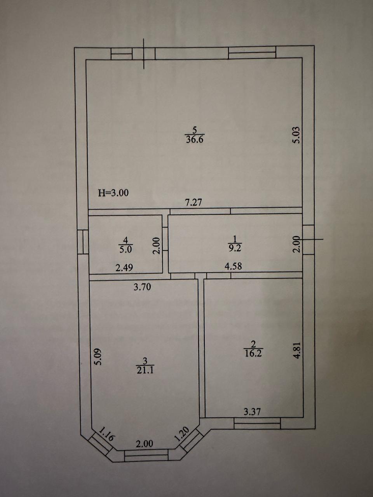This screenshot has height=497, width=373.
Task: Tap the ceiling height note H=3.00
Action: click(113, 193)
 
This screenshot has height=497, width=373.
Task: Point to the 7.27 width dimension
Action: click(193, 202)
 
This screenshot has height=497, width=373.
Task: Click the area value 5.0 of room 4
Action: click(125, 250)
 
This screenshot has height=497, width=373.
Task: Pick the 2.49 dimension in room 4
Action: click(124, 268)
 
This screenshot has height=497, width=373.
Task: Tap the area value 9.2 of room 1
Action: click(235, 248)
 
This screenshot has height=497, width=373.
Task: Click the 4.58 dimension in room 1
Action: click(233, 266)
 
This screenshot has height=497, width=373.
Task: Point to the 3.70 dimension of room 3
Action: click(142, 287)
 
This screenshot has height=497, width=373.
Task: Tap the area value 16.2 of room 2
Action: click(253, 353)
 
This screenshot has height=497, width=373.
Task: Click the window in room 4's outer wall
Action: click(83, 242)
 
